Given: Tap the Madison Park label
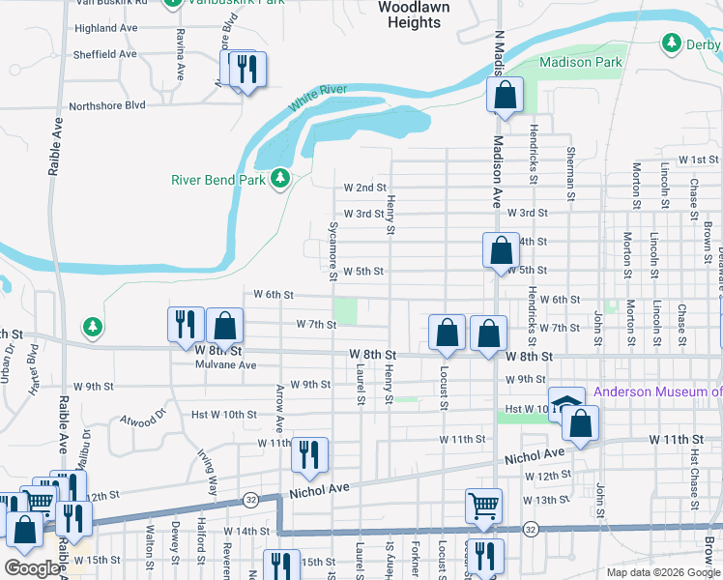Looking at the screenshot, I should [580, 62].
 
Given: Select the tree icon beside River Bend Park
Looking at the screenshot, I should [280, 179].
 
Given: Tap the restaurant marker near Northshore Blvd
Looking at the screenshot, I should [247, 70].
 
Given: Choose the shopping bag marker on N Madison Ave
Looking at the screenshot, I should [504, 96].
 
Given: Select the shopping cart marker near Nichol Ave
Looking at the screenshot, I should [484, 504].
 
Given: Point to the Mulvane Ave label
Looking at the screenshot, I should [225, 365].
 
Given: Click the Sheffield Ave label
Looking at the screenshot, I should [105, 54].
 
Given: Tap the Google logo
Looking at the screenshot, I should [33, 568].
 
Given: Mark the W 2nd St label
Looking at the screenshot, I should [365, 188].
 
